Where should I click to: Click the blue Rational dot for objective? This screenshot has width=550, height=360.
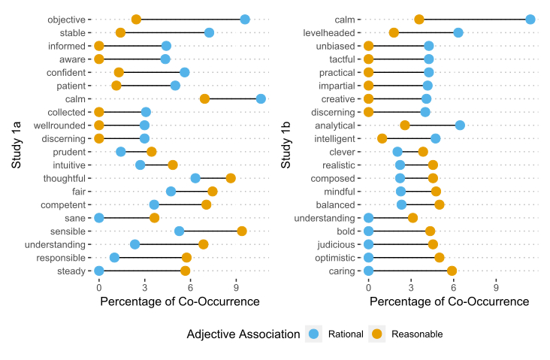click(245, 20)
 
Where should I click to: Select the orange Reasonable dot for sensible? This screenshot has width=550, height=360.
click(242, 231)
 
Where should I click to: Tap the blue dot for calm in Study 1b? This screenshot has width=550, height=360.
click(530, 20)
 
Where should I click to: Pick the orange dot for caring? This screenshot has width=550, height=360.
click(452, 271)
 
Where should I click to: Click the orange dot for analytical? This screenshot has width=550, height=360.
click(405, 125)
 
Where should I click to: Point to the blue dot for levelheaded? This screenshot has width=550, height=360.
click(458, 32)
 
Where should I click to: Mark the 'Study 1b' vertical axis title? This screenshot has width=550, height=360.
click(286, 144)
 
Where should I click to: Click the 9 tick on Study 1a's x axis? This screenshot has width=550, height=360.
click(237, 287)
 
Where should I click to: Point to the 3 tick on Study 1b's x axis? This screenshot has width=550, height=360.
click(411, 287)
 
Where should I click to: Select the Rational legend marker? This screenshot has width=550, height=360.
click(314, 334)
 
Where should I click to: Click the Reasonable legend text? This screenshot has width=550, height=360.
click(417, 334)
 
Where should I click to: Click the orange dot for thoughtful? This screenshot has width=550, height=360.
click(231, 178)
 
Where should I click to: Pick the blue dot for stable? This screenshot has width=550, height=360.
click(209, 32)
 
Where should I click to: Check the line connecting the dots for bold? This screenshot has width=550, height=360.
click(399, 231)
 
